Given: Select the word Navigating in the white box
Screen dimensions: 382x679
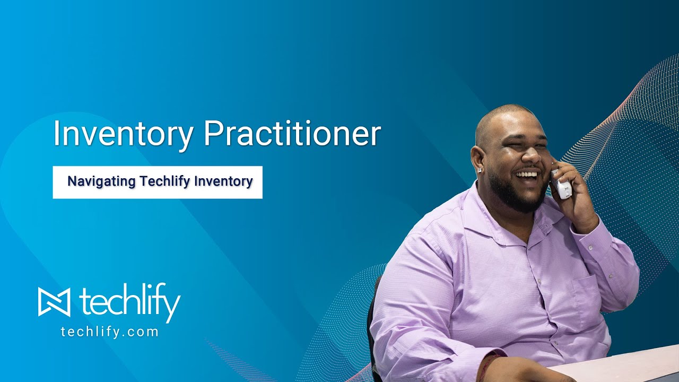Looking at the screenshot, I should tap(101, 181).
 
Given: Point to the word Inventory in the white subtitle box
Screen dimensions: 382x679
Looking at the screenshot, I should tap(223, 181).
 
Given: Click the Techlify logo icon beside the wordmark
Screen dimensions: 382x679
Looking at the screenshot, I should tap(54, 301).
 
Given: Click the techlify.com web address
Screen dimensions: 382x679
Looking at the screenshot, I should tap(110, 332).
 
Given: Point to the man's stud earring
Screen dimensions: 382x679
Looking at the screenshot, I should tap(481, 171).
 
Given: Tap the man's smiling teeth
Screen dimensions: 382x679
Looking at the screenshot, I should tap(526, 173).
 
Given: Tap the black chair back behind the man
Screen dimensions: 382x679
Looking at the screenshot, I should tap(372, 318).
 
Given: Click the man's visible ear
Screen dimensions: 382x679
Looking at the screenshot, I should tap(477, 157).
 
